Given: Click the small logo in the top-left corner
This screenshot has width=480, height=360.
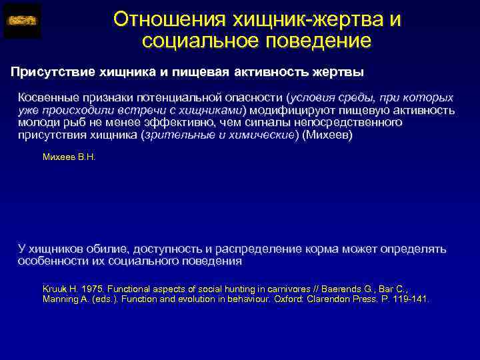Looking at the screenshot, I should click(22, 21).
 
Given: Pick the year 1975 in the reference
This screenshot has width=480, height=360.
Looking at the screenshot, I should click(91, 289).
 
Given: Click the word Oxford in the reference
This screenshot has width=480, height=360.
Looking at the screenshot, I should click(263, 299).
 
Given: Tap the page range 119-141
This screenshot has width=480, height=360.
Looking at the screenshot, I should click(411, 299).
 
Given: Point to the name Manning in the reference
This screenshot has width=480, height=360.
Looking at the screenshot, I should click(61, 299).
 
